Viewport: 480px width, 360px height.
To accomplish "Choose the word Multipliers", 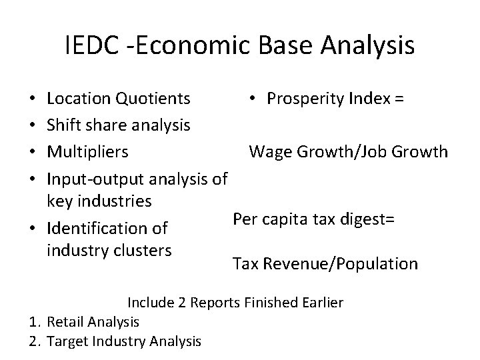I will click(88, 151).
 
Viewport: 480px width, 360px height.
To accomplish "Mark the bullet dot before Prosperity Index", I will click(253, 99).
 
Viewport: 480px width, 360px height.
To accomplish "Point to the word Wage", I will click(269, 151).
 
